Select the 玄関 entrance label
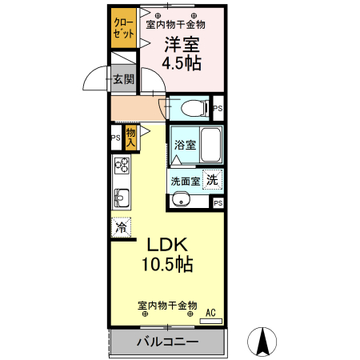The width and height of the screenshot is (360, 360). [123, 79]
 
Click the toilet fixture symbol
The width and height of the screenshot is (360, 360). [190, 106]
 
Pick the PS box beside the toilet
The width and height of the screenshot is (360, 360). [218, 107]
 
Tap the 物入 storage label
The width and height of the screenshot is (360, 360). [130, 136]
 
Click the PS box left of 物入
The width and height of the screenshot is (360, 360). [115, 137]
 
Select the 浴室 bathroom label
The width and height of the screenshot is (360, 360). [184, 145]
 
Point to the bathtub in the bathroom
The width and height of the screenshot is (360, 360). [210, 146]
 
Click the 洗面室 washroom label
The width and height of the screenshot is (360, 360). [185, 181]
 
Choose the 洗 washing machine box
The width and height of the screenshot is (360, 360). [212, 180]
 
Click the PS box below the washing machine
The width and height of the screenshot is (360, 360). [218, 204]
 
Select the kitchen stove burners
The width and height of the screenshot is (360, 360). [122, 166]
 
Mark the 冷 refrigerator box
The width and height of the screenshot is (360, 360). [121, 228]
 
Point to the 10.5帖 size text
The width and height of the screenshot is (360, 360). [167, 265]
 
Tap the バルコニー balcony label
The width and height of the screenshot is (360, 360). [166, 342]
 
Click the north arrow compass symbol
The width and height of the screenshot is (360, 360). [261, 342]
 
